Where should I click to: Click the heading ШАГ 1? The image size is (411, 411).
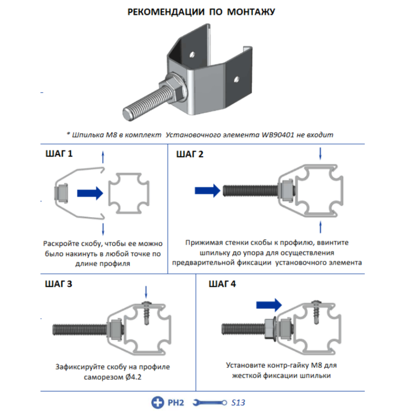coord(59,154)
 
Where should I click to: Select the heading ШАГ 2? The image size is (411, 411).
coord(189,154)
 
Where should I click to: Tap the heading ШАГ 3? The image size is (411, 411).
coord(59,284)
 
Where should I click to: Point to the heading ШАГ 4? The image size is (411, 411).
coord(222,284)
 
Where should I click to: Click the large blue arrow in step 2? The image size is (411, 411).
coord(208,190)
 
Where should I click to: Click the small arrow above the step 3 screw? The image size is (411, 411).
coord(146,293)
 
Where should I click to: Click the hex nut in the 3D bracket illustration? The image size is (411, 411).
coord(174,88)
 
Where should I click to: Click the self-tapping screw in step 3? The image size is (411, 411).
coord(147,312)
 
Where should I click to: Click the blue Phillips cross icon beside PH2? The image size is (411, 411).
coord(157,402)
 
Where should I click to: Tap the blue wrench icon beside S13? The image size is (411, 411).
coord(210,402)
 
